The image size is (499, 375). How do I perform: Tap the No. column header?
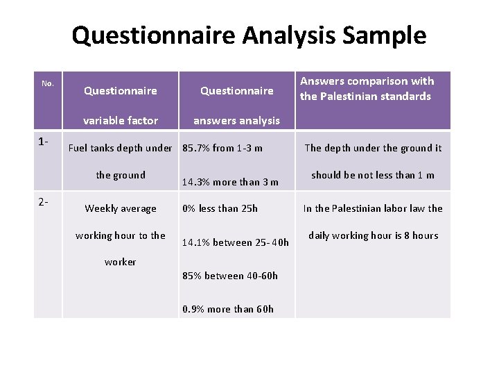click(48, 84)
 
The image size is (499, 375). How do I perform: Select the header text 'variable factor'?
click(121, 121)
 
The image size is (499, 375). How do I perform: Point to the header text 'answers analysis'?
click(236, 121)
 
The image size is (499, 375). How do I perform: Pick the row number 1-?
click(44, 142)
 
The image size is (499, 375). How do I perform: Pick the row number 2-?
click(44, 202)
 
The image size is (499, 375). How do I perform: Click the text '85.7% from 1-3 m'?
click(222, 148)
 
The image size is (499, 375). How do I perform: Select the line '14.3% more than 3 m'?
click(230, 183)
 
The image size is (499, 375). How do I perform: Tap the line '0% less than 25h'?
click(220, 208)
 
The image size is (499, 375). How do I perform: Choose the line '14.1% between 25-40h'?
click(236, 243)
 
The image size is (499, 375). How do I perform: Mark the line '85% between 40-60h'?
click(230, 276)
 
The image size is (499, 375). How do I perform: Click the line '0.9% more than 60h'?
click(228, 309)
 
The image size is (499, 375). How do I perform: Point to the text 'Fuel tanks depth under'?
click(121, 148)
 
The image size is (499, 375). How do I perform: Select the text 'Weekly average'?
click(121, 208)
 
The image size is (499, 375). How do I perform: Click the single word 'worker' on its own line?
click(121, 262)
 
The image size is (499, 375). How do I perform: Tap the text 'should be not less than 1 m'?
click(373, 175)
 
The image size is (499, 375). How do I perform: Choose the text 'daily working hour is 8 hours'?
click(373, 235)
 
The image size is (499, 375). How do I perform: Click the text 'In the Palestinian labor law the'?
click(373, 208)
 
